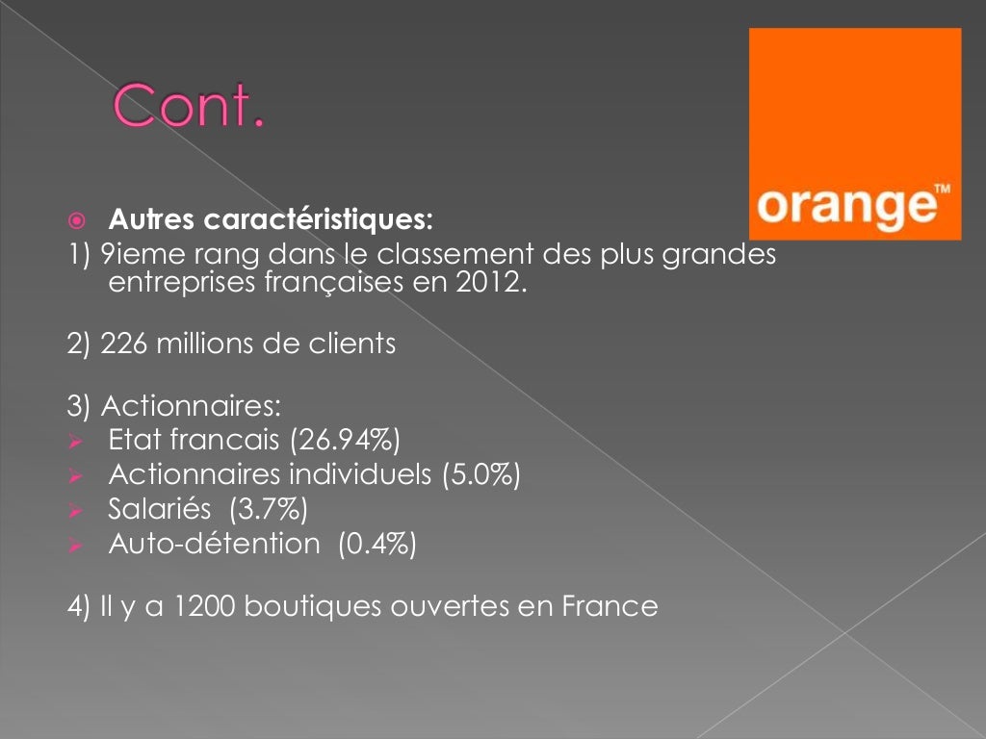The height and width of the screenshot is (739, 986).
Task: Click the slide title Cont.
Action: pos(189,107)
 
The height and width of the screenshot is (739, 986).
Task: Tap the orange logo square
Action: pos(855,133)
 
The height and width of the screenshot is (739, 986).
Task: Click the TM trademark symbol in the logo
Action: pos(942,190)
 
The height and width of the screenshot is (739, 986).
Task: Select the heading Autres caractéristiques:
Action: pos(271,220)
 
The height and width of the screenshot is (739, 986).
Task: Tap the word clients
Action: pos(352,344)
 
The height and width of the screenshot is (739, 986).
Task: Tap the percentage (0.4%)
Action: pos(376,544)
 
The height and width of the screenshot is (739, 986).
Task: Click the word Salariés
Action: pos(159,509)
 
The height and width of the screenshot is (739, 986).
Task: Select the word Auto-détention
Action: pos(214,544)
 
